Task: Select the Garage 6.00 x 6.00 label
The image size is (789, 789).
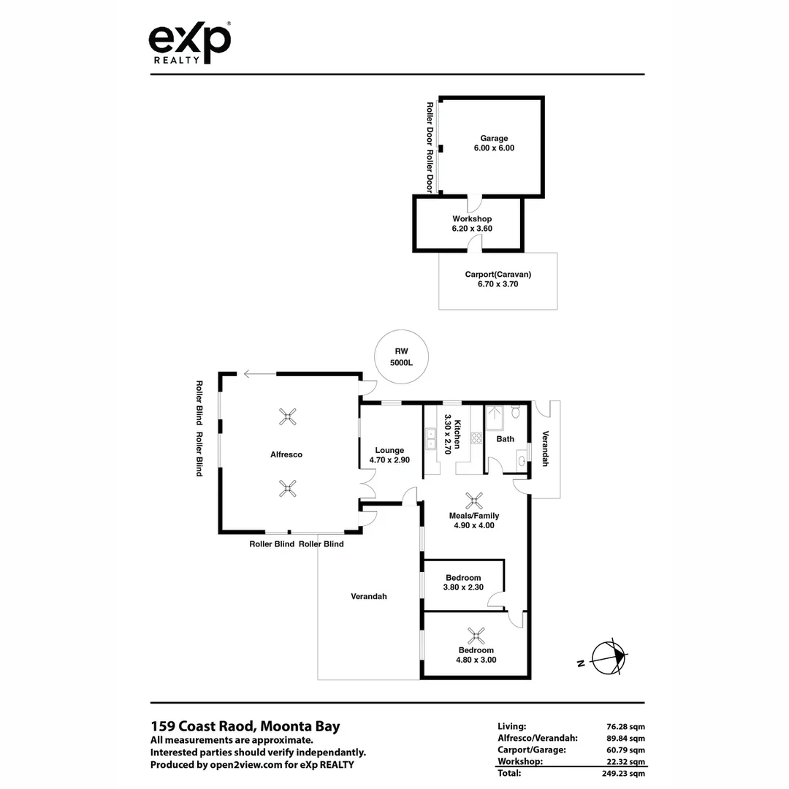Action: (x=494, y=143)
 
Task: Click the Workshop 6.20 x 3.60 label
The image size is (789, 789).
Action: (x=471, y=224)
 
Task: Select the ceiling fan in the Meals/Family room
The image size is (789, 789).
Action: (x=475, y=500)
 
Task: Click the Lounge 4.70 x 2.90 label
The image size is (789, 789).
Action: (x=390, y=455)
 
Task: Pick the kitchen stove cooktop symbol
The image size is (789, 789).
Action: (x=476, y=438)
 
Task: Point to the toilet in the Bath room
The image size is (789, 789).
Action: (x=516, y=413)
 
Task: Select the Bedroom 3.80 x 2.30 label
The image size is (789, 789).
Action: (x=463, y=582)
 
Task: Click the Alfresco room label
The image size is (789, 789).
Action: (x=286, y=454)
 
